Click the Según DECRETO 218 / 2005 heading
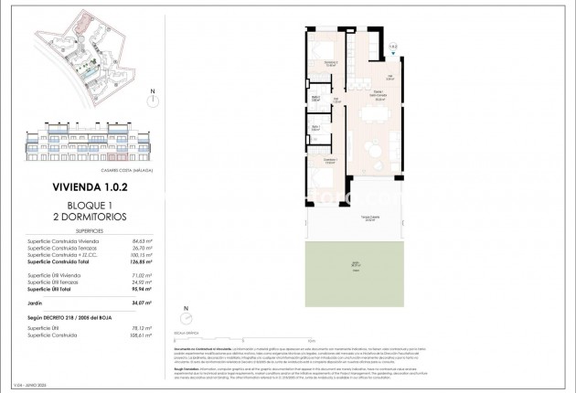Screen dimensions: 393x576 pyautogui.click(x=79, y=315)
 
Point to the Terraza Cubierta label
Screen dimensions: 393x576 pyautogui.click(x=346, y=219)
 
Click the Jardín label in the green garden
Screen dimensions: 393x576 pyautogui.click(x=346, y=266)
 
